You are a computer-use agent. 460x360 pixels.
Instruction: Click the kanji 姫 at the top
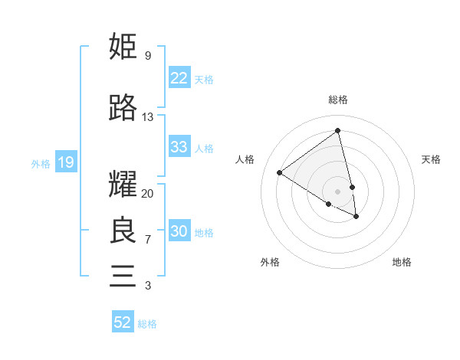123,47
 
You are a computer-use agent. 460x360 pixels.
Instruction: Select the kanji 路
123,109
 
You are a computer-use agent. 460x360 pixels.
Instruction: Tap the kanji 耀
123,185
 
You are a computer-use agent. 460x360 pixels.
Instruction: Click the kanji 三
123,275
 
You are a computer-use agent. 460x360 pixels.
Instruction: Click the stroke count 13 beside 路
148,117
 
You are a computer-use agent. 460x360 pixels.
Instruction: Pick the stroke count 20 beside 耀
148,194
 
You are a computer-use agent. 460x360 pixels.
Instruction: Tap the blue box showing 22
179,78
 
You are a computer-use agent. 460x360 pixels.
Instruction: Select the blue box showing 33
179,147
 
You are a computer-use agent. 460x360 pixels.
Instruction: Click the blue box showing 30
179,231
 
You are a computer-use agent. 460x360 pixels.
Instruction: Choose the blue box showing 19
65,162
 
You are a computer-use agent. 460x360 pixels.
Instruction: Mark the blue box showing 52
123,322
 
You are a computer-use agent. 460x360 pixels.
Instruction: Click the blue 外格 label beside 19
40,163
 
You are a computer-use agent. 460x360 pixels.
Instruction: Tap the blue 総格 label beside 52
147,324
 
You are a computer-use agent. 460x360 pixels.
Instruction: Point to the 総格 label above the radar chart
338,100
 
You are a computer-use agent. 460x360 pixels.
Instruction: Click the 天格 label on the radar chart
431,159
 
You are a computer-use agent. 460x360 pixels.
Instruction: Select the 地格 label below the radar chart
402,262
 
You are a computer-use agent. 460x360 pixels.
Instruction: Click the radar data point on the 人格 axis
280,172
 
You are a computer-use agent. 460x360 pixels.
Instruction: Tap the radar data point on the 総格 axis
338,131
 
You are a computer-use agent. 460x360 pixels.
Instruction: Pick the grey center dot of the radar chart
338,191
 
